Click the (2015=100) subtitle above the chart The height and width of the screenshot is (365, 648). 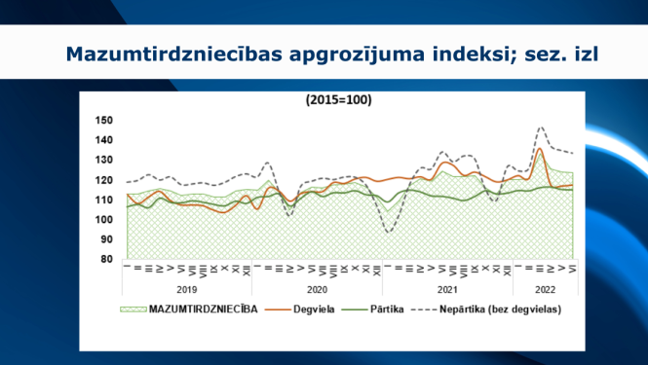[338, 99]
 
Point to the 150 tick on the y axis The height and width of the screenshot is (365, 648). [105, 121]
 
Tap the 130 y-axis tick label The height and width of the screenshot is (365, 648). [105, 161]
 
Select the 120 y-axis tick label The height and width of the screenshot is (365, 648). [105, 180]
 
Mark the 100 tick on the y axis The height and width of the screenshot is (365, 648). [105, 220]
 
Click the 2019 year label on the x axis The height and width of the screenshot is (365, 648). [187, 289]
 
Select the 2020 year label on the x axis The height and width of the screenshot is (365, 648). [317, 289]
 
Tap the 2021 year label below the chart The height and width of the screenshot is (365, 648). [447, 289]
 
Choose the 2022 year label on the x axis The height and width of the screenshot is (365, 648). [545, 289]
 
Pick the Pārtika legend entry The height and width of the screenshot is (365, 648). [387, 310]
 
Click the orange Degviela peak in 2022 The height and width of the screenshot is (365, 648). [540, 149]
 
